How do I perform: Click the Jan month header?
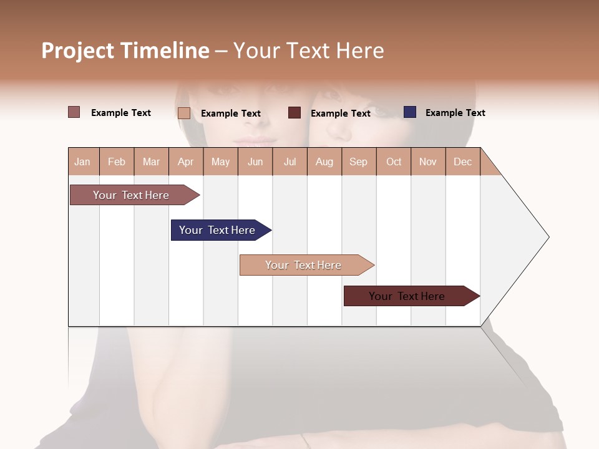(x=83, y=162)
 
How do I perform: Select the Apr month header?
(x=186, y=162)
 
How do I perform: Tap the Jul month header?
(x=290, y=162)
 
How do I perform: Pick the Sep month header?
(x=358, y=162)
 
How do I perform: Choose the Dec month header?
(x=462, y=162)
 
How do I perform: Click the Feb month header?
(x=117, y=162)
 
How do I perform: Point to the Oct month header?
(x=394, y=162)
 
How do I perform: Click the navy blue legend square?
(x=410, y=112)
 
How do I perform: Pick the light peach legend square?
(x=184, y=113)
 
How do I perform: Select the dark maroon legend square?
(x=295, y=113)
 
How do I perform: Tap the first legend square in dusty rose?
(x=74, y=112)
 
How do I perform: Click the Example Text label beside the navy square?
(x=455, y=113)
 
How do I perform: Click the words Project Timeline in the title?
(x=125, y=51)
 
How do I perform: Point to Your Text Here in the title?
(x=308, y=51)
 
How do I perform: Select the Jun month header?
(x=255, y=162)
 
